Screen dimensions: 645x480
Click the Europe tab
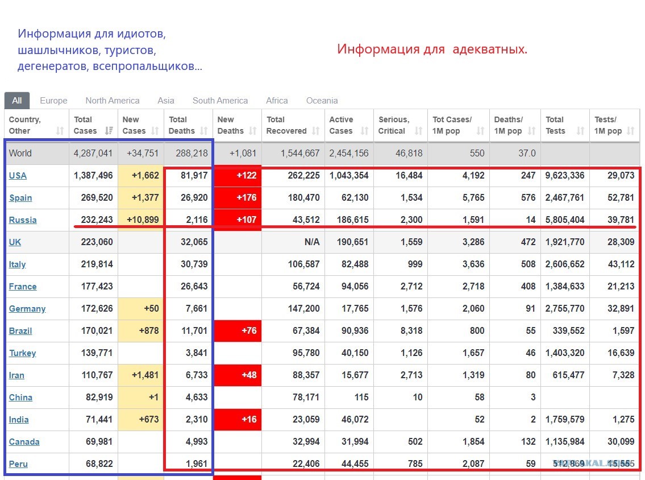click(x=53, y=101)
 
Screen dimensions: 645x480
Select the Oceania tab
click(x=322, y=101)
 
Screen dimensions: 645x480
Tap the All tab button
click(x=17, y=101)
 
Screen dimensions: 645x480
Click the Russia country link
click(x=23, y=220)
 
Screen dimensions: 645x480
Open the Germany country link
click(x=27, y=309)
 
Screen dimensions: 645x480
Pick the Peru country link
click(x=18, y=464)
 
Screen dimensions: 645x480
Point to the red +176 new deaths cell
click(x=238, y=197)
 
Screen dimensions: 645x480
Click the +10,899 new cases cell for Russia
click(x=141, y=220)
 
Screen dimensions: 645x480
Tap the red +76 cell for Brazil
click(x=238, y=331)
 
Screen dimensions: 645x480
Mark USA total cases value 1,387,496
click(x=93, y=175)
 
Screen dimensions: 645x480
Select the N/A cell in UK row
click(x=312, y=242)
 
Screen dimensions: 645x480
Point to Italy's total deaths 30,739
click(x=194, y=264)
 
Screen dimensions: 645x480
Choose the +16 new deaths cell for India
click(x=238, y=420)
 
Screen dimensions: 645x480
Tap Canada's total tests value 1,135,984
click(x=565, y=442)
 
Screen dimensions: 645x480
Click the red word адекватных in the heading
click(x=490, y=49)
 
